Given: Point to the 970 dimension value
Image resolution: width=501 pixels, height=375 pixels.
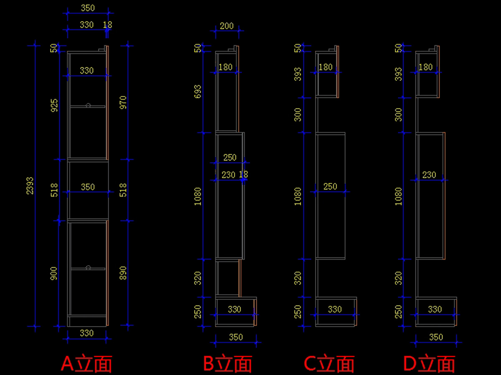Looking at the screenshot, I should [x=123, y=103].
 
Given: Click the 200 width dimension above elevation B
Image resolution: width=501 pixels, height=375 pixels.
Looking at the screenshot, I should [x=227, y=26].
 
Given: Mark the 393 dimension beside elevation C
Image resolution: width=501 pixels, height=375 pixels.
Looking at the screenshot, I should [x=298, y=74].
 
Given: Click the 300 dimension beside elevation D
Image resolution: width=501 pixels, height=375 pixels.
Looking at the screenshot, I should [x=398, y=115].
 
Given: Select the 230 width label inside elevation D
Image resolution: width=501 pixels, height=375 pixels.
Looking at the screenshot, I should [x=429, y=175].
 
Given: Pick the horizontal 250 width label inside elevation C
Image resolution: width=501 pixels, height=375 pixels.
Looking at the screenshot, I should [x=330, y=186].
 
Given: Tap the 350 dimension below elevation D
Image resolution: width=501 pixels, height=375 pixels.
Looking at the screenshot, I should [x=436, y=337].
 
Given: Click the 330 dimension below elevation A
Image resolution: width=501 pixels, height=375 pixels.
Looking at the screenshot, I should [x=86, y=333].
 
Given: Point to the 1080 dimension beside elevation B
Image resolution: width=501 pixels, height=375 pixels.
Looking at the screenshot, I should [x=197, y=196].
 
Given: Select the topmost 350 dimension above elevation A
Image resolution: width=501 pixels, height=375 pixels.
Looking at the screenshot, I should [x=88, y=8].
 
